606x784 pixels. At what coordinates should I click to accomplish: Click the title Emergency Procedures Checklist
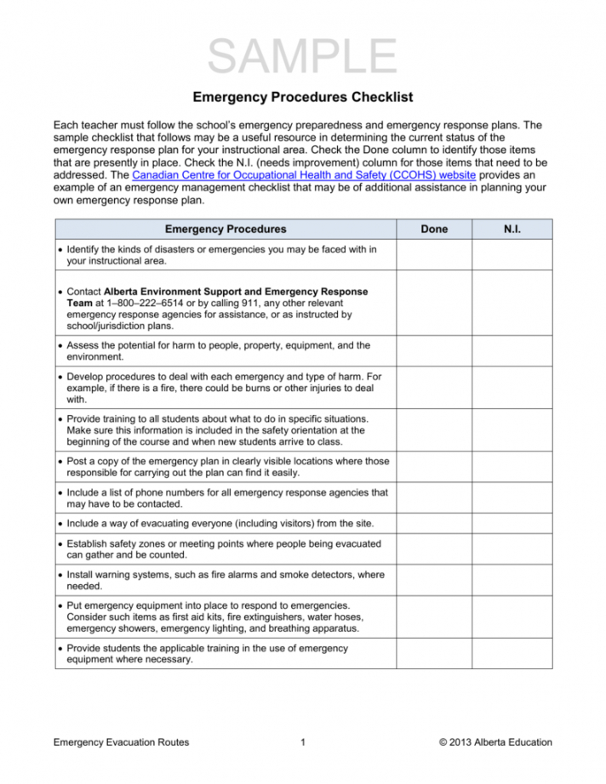point(303,98)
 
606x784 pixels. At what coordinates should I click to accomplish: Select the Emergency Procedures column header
point(226,229)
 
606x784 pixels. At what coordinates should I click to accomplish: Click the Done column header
point(434,229)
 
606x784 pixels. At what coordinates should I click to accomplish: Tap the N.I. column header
point(512,229)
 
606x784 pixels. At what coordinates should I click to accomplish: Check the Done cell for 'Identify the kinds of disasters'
point(434,256)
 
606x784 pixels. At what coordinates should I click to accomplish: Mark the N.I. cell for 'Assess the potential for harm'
point(512,352)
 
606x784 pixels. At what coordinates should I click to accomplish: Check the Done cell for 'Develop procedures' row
point(434,387)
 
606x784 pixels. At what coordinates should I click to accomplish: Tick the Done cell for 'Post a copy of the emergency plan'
point(434,467)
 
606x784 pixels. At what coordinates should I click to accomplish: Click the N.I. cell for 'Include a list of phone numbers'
point(512,497)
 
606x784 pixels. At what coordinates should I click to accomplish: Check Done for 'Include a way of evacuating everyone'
point(434,521)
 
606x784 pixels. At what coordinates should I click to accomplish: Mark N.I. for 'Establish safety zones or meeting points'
point(512,548)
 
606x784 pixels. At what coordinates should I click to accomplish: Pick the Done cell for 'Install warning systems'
point(434,580)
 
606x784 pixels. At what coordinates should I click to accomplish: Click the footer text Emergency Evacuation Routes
point(121,742)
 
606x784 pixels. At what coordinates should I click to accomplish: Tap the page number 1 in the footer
point(303,742)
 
